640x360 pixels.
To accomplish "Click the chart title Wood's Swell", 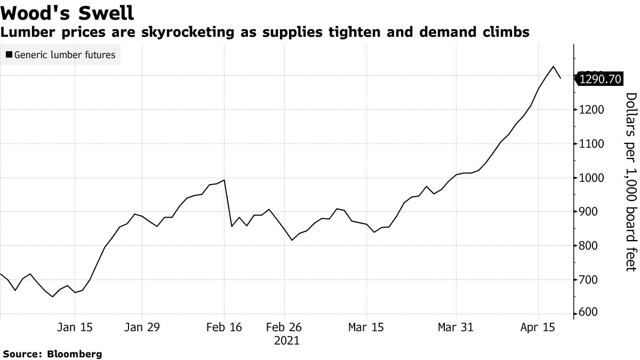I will [67, 12].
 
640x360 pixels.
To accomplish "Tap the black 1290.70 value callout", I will [599, 79].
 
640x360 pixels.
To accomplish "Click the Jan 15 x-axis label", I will [75, 327].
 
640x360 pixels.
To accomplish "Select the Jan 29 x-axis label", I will [142, 327].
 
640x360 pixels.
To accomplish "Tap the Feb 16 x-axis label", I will [224, 327].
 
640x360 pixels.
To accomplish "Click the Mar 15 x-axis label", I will [366, 327].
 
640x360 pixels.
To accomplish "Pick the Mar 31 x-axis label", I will [456, 327].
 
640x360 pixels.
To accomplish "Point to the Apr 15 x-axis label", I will [538, 327].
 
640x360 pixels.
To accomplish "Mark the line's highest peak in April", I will [554, 67].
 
